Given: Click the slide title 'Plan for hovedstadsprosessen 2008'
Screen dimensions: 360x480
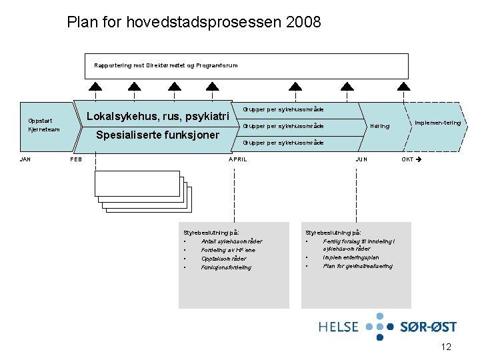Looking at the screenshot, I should [194, 22].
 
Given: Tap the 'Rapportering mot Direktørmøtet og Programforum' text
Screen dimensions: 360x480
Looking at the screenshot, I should [165, 65].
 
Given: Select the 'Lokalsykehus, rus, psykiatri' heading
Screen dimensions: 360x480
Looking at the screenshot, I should [159, 116].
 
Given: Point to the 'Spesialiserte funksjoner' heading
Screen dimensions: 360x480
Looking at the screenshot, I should [158, 135].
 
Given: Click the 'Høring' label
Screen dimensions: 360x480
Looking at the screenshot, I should [380, 125].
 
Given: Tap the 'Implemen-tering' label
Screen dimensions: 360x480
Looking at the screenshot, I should [438, 123].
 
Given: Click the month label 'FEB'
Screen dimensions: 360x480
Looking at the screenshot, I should [76, 159].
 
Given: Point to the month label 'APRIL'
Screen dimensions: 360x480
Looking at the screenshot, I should [238, 159].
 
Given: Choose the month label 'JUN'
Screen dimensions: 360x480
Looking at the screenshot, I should [361, 159].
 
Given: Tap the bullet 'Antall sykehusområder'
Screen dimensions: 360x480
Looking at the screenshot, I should [231, 241].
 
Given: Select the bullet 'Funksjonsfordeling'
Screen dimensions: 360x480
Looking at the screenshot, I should [226, 267].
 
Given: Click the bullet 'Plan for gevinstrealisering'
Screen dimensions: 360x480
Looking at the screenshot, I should [357, 266].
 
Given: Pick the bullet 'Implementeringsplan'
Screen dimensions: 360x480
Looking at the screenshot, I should [351, 257].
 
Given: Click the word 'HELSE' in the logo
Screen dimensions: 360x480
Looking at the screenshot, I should [339, 327].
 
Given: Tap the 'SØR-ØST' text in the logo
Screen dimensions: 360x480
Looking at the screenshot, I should [428, 327].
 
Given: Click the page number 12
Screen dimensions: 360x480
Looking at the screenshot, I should [446, 347].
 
